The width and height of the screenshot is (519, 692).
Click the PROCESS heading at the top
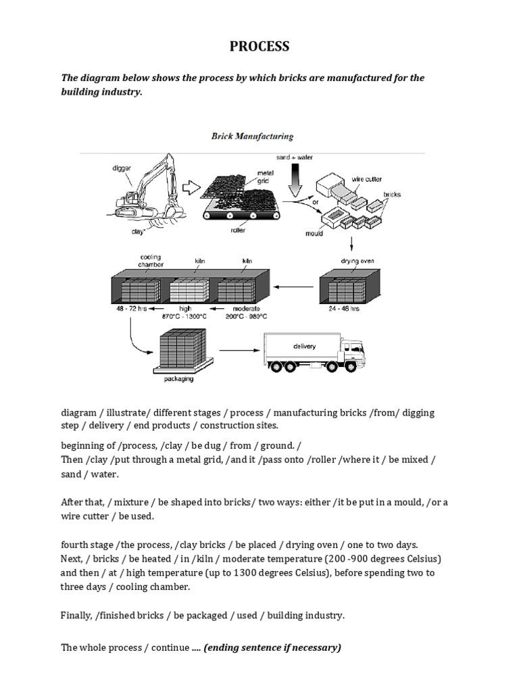coord(259,46)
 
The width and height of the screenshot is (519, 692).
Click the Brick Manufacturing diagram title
coord(252,137)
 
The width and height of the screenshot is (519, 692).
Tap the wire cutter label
coord(367,179)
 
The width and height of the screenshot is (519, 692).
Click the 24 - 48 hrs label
coord(345,310)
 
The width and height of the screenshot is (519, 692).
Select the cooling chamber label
coord(150,261)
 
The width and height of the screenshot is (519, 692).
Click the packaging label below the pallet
coord(178,379)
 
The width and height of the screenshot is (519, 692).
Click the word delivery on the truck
coord(304,346)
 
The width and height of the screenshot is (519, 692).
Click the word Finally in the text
coord(76,616)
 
